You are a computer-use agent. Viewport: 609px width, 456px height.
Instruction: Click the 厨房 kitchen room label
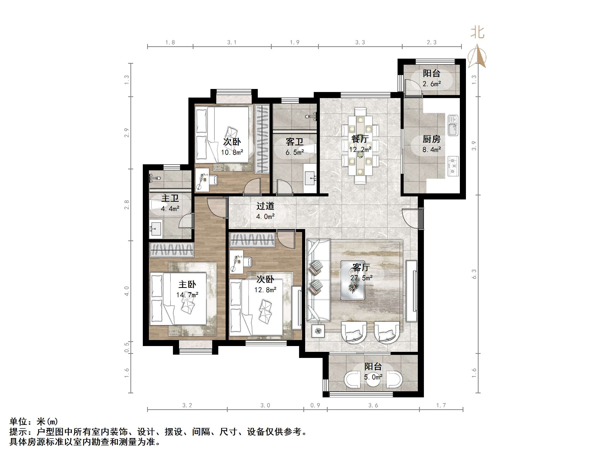click(x=431, y=139)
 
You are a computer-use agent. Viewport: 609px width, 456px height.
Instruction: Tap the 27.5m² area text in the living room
click(x=361, y=278)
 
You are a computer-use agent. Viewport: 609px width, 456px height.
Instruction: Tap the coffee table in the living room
click(x=353, y=280)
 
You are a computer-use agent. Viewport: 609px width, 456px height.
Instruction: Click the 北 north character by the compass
click(x=477, y=32)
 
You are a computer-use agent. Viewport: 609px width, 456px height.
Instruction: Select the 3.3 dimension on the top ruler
click(x=360, y=42)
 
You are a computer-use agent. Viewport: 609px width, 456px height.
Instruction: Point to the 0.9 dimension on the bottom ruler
click(x=315, y=405)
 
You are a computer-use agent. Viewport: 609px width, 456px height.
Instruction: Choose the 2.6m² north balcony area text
click(x=432, y=84)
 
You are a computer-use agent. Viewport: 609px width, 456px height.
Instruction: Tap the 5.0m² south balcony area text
click(x=373, y=377)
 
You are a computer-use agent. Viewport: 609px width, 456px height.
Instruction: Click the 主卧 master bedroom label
click(x=187, y=284)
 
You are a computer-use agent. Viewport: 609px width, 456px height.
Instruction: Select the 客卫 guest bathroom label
click(x=294, y=142)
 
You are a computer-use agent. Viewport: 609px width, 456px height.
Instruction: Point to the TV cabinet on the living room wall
click(x=411, y=291)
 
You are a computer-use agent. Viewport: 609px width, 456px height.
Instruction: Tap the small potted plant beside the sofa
click(x=318, y=331)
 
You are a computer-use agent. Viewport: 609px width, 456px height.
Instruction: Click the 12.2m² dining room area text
click(x=360, y=149)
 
